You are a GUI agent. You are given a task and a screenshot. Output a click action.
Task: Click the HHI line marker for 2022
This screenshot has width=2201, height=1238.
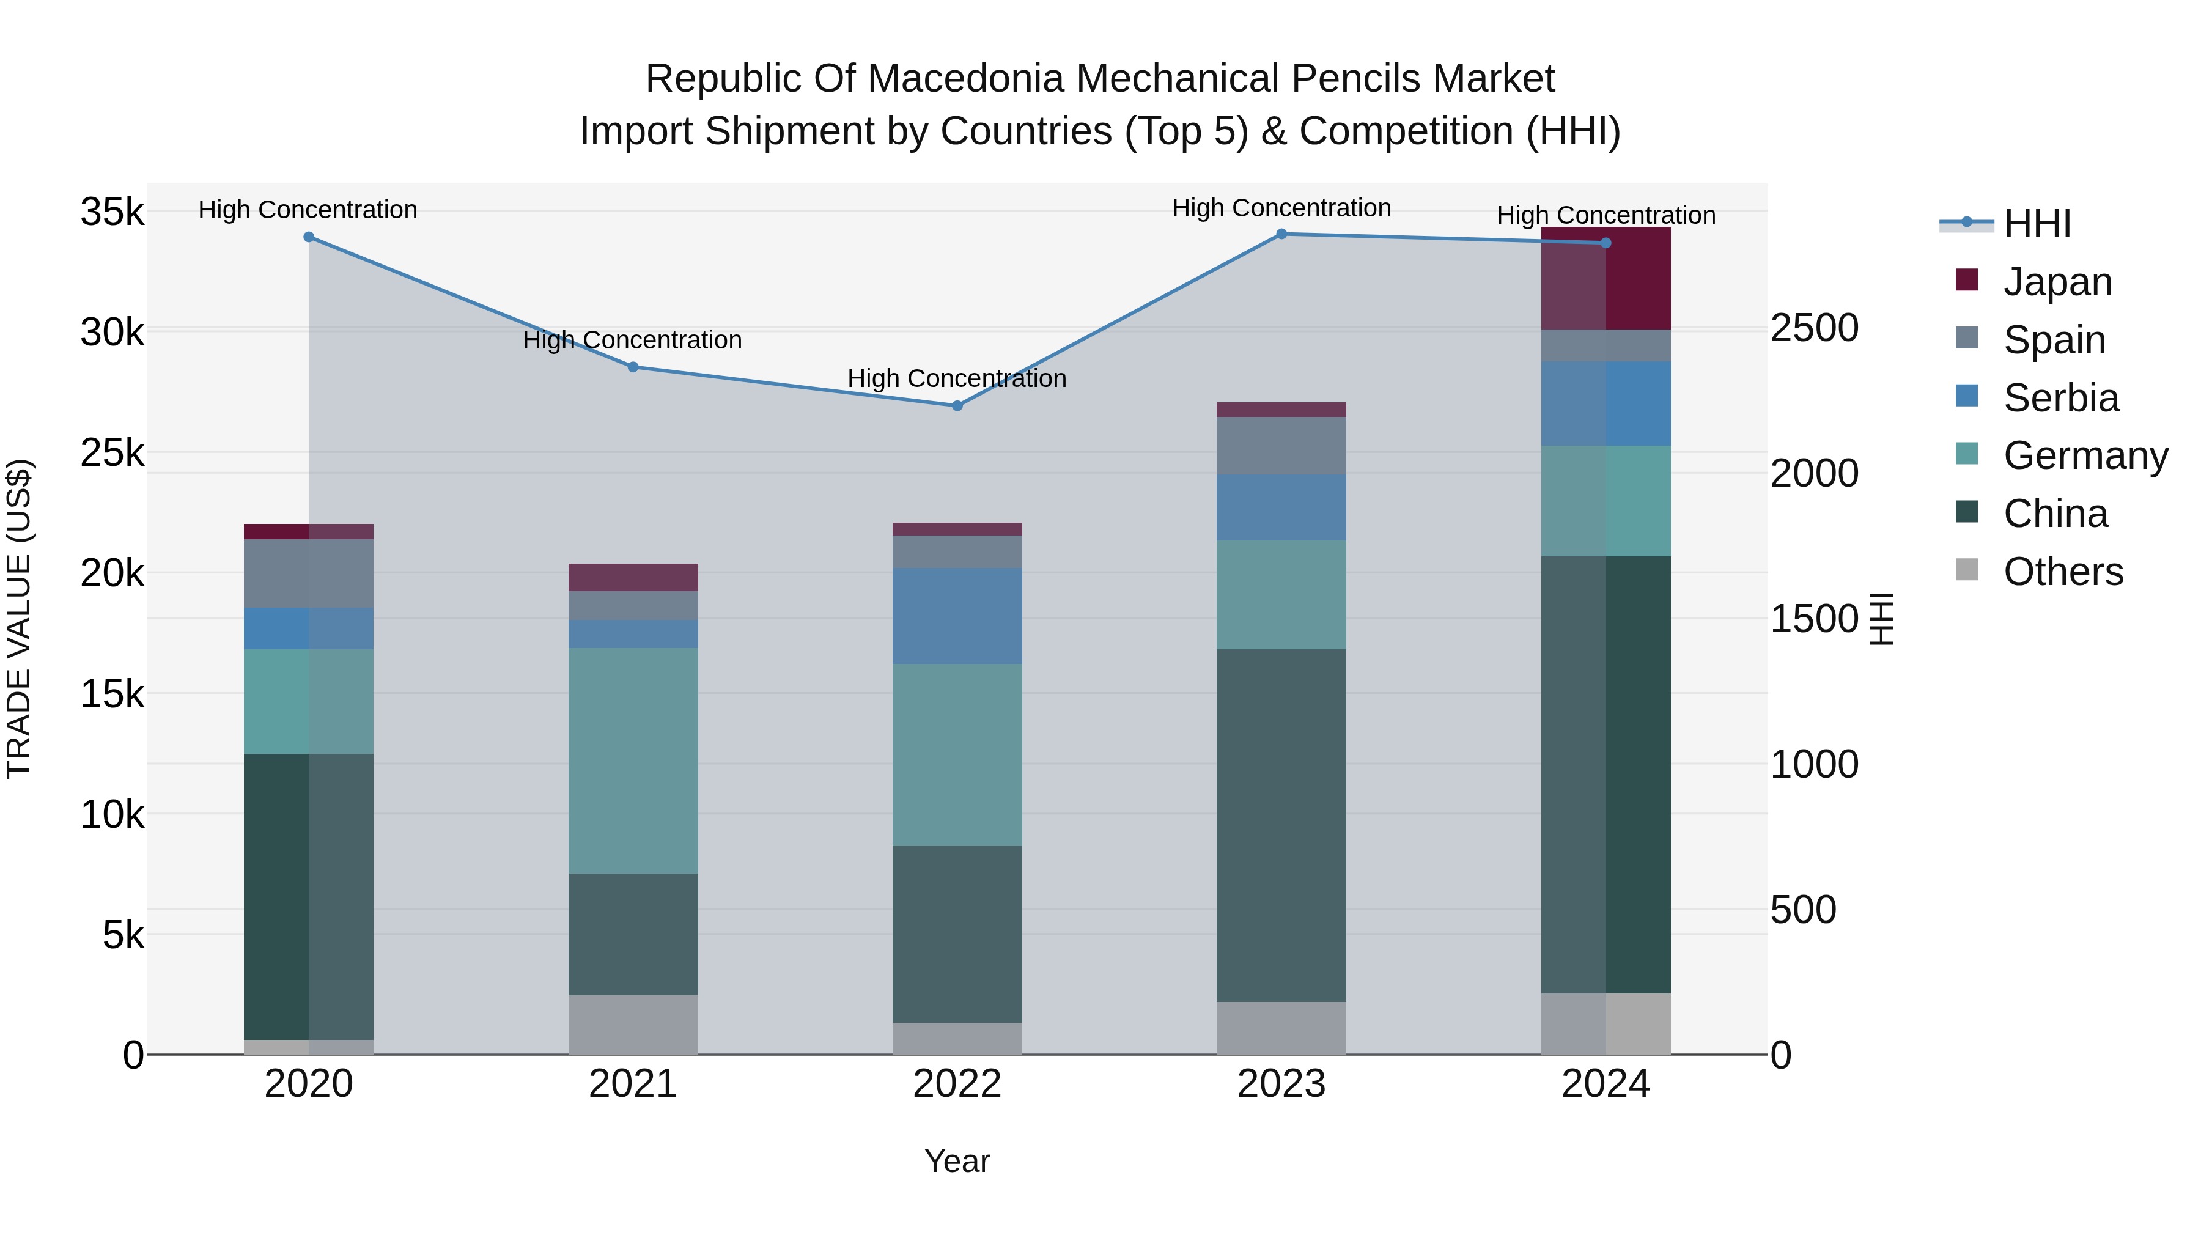(957, 406)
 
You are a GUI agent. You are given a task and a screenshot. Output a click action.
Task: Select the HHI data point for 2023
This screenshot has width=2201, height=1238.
(1281, 234)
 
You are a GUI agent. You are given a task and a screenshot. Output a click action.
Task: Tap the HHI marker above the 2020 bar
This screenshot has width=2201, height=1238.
(309, 238)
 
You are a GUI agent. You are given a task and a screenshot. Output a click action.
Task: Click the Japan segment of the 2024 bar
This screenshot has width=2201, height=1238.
(1606, 279)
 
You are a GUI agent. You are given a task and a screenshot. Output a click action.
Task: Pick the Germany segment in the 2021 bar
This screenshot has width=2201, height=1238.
(633, 761)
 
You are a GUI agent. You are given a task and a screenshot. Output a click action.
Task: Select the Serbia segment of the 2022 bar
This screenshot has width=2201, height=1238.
(957, 616)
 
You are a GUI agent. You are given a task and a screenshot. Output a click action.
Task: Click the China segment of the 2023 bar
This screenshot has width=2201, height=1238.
(1281, 825)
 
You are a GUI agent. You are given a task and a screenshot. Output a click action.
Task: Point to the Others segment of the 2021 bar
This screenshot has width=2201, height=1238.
(633, 1025)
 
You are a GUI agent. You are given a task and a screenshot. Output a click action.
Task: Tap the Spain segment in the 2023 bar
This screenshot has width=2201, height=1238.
(1281, 446)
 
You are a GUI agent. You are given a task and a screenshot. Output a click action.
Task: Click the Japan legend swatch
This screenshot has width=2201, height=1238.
(1966, 280)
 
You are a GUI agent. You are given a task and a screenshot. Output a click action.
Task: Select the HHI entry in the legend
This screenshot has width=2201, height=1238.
(2036, 224)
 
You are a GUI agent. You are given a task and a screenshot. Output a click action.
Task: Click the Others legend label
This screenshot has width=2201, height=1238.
(2063, 572)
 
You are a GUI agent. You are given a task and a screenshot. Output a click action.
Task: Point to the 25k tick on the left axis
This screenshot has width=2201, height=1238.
(112, 453)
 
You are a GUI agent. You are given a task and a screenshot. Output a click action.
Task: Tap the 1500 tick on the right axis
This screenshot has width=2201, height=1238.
(1814, 619)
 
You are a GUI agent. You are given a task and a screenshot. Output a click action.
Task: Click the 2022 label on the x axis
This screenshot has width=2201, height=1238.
(957, 1084)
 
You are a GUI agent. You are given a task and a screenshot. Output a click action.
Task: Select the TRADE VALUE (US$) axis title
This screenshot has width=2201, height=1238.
(20, 619)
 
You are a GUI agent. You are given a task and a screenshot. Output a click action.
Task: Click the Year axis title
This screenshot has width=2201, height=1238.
(957, 1161)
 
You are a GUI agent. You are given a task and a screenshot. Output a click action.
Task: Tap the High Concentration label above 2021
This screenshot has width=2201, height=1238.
(632, 340)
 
